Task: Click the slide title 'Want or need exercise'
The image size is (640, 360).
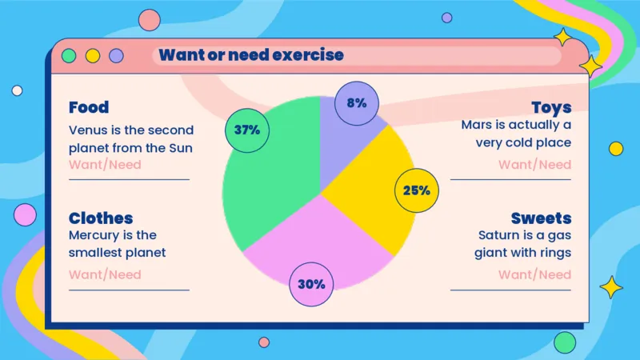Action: click(x=251, y=55)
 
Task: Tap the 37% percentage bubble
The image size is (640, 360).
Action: click(x=247, y=130)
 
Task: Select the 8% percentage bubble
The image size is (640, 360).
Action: click(x=357, y=103)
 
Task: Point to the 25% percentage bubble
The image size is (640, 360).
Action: click(x=417, y=190)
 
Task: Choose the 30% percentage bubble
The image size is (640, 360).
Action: click(x=312, y=284)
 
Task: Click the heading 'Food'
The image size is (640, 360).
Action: click(x=89, y=107)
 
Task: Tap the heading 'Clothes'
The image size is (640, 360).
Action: click(x=101, y=218)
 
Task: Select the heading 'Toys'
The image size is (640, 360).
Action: click(x=551, y=107)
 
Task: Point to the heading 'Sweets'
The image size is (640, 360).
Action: click(x=541, y=218)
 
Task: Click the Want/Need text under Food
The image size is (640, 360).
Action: click(x=105, y=165)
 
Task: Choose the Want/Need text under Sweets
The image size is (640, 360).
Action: click(x=534, y=274)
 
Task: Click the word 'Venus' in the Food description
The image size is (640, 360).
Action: click(x=88, y=130)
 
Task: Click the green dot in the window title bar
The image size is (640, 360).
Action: click(x=69, y=56)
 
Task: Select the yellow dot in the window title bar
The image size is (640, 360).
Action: click(x=93, y=56)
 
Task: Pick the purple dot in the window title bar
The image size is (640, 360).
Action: click(x=116, y=56)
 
